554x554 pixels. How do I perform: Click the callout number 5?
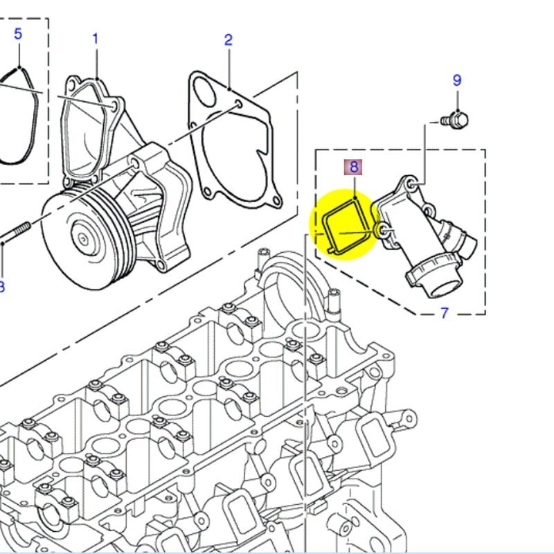click(18, 33)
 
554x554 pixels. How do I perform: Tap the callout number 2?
click(229, 39)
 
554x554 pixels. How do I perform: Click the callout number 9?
click(457, 80)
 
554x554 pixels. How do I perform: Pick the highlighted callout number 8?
click(354, 167)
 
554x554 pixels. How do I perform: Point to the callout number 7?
click(445, 314)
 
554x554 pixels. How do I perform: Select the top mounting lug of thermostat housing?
click(411, 184)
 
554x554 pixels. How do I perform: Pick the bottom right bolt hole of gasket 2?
click(276, 202)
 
